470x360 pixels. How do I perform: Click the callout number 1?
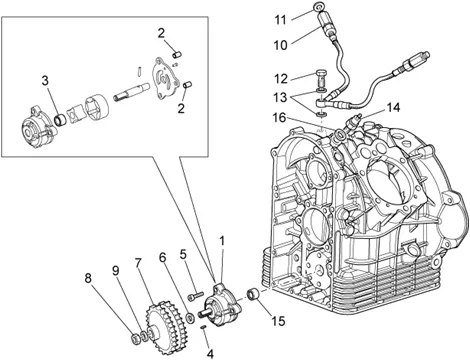(x=222, y=241)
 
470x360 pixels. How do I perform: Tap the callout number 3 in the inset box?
(x=45, y=81)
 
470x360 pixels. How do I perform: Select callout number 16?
(x=280, y=117)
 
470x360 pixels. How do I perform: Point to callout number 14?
(x=393, y=108)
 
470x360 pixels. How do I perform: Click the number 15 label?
(x=278, y=321)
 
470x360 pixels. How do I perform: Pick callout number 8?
(x=88, y=278)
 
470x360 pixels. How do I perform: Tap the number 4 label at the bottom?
(x=210, y=354)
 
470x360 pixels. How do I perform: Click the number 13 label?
(x=280, y=97)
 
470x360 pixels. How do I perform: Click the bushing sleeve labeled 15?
(x=253, y=295)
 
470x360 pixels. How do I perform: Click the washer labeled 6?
(x=190, y=318)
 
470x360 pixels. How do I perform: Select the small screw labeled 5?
(x=196, y=296)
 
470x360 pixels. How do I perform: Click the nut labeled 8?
(x=135, y=339)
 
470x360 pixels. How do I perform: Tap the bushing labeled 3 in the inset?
(x=61, y=120)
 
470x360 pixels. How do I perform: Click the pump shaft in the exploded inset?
(x=132, y=92)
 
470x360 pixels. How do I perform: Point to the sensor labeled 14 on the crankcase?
(x=353, y=122)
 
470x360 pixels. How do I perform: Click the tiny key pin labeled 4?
(x=203, y=328)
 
